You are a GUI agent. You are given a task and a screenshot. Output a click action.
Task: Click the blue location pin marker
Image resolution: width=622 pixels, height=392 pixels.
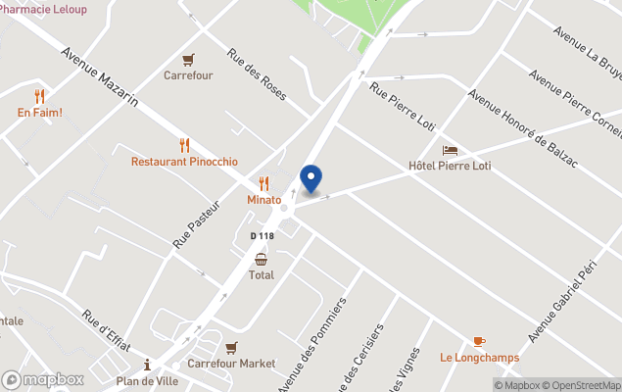point(311,177)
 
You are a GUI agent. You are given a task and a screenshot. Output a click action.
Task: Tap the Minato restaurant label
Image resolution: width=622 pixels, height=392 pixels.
point(263,200)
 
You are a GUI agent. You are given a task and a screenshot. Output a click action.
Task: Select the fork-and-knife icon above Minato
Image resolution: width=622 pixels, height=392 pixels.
point(263,183)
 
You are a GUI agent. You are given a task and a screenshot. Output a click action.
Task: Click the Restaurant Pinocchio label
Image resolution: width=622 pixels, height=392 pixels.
point(184,161)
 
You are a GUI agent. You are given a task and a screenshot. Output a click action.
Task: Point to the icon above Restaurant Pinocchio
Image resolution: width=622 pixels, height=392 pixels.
point(184,145)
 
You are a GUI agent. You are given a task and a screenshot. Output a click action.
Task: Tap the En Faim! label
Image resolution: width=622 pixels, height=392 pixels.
point(39,113)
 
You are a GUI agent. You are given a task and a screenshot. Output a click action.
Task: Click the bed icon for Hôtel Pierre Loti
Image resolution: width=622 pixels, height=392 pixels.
point(450,150)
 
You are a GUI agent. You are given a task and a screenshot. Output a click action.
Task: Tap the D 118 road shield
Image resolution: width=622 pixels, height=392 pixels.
point(262,236)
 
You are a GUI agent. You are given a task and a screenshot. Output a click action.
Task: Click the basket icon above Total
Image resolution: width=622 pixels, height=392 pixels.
point(262,259)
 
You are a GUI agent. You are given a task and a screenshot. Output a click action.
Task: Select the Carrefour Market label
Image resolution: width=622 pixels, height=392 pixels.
point(231,364)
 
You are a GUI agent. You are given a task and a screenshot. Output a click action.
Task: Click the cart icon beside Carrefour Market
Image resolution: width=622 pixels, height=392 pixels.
point(231,347)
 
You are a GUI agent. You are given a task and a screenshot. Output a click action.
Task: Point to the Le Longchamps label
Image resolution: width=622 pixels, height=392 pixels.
point(478,357)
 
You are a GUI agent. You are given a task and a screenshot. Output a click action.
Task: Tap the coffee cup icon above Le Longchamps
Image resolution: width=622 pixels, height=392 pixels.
point(478,340)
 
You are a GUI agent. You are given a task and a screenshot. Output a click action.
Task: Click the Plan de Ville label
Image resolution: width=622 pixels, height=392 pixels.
point(148,381)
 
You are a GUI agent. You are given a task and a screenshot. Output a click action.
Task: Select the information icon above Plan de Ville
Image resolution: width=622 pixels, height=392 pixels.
point(148,365)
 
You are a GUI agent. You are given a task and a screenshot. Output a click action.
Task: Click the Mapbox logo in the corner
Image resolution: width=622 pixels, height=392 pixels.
point(43,379)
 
